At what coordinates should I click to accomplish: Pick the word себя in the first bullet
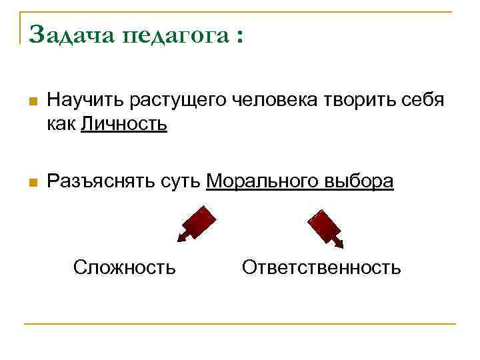coord(422,102)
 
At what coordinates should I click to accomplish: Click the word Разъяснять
coord(101,181)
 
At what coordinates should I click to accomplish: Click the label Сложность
coord(125,268)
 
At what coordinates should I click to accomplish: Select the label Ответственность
coord(321,268)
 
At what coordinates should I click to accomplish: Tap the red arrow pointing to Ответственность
coord(325,226)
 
